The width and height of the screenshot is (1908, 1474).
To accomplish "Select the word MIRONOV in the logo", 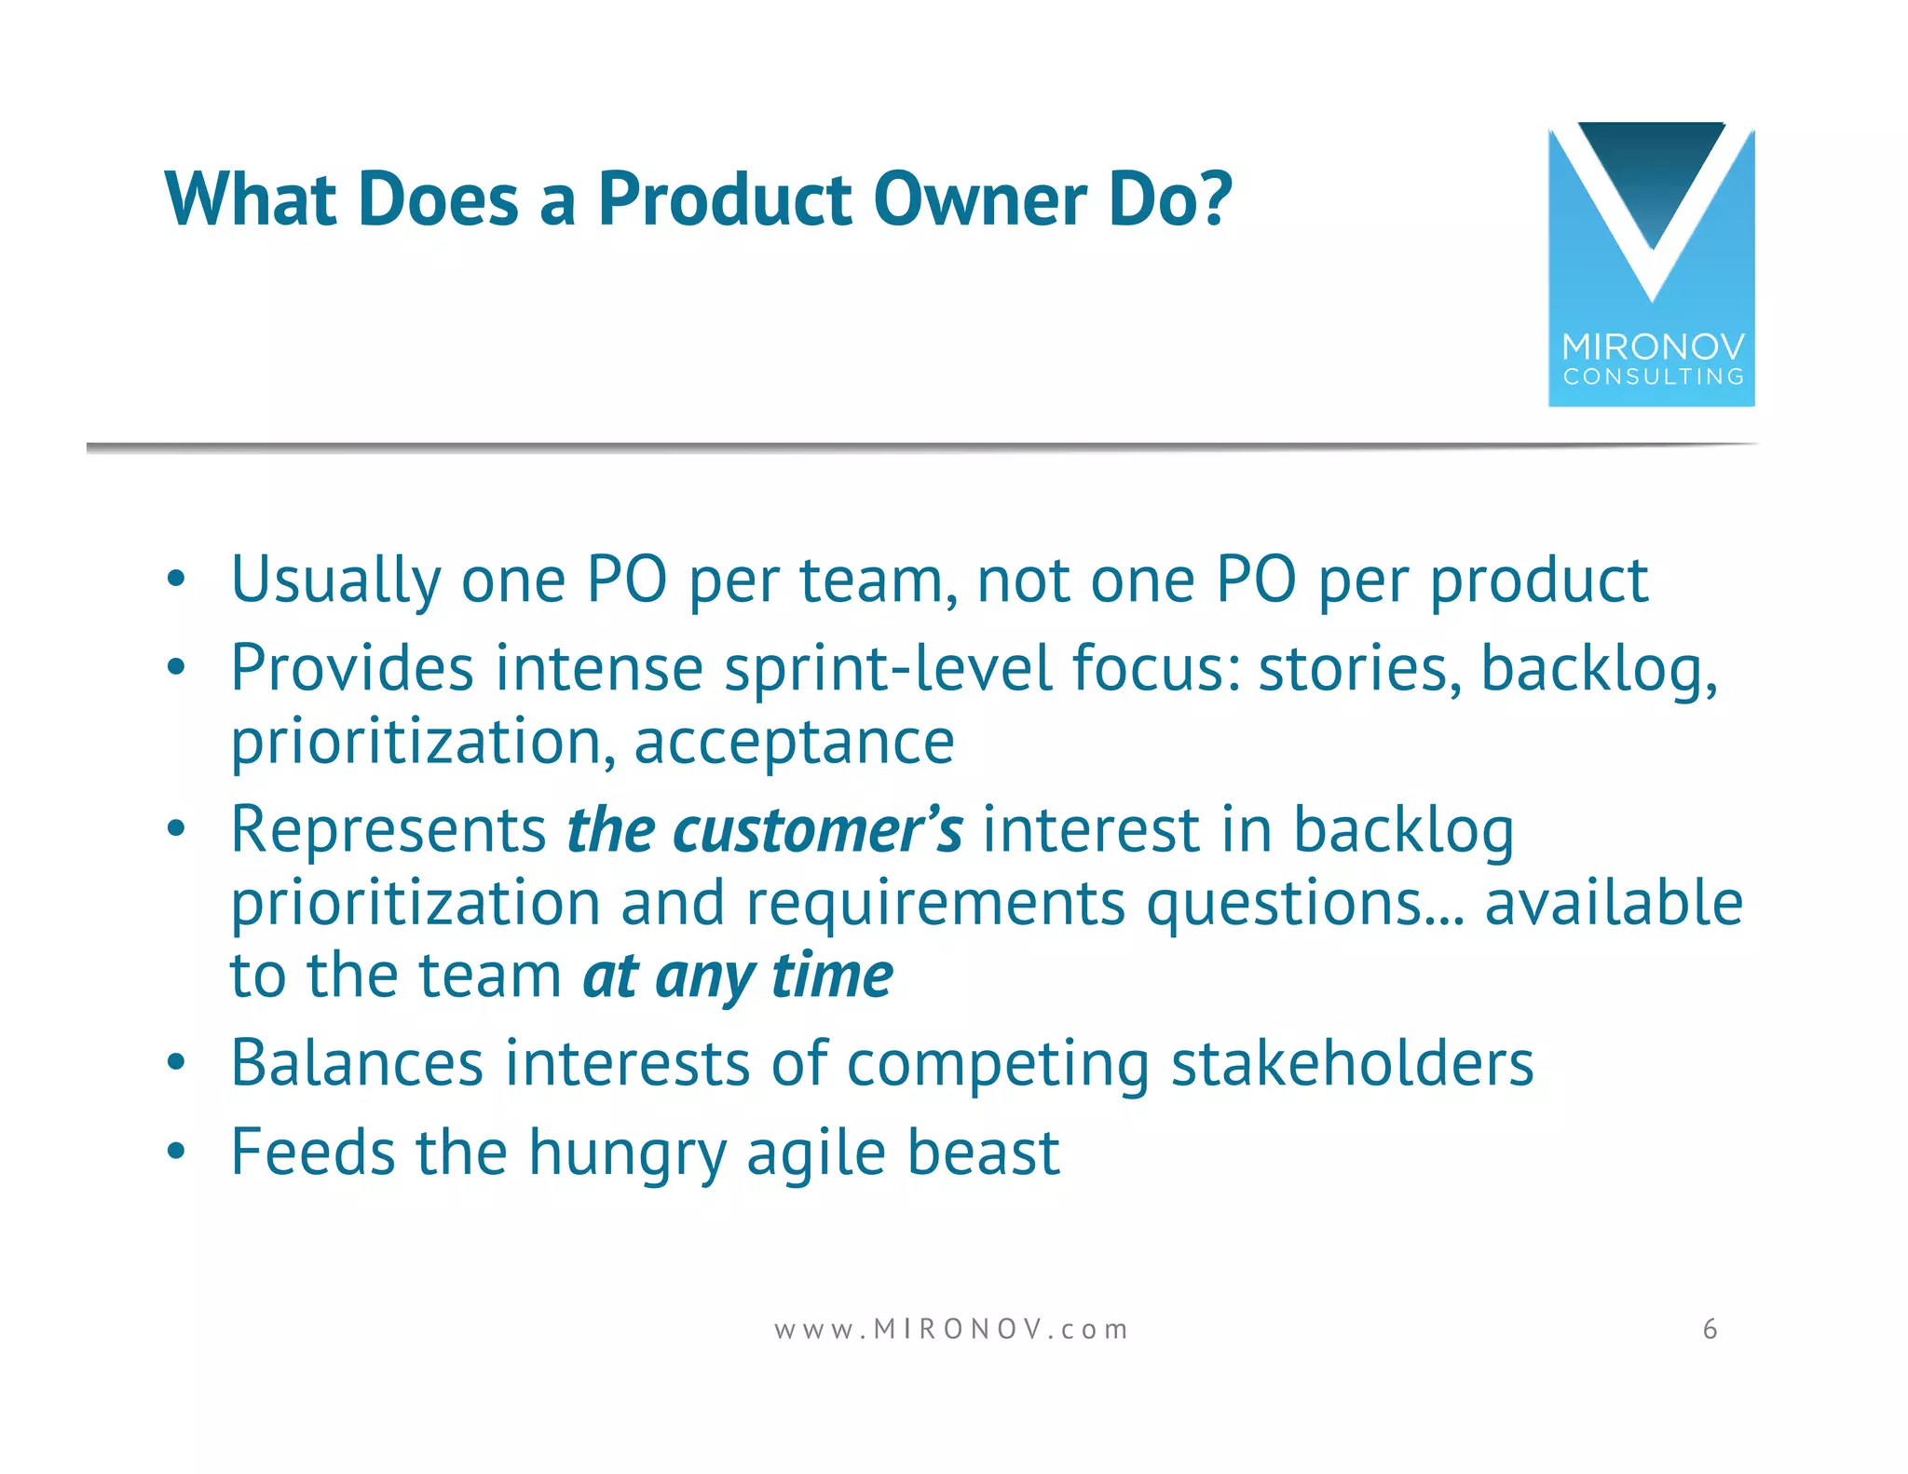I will pyautogui.click(x=1653, y=348).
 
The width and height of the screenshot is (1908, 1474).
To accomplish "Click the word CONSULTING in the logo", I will pyautogui.click(x=1653, y=377).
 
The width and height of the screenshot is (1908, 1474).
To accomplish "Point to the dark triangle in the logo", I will pyautogui.click(x=1651, y=172).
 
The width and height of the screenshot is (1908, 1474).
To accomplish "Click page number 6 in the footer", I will pyautogui.click(x=1710, y=1329).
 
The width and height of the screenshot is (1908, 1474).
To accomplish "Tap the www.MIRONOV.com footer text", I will pyautogui.click(x=951, y=1329).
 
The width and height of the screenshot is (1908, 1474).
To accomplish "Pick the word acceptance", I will pyautogui.click(x=794, y=743).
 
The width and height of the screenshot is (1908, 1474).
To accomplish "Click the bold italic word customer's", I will pyautogui.click(x=817, y=829).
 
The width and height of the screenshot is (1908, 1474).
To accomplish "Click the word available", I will pyautogui.click(x=1613, y=902).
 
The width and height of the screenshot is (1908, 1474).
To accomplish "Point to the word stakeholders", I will pyautogui.click(x=1352, y=1063).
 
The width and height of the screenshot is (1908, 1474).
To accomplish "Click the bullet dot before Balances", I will pyautogui.click(x=176, y=1063).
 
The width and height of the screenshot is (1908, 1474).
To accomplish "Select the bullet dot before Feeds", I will pyautogui.click(x=176, y=1152).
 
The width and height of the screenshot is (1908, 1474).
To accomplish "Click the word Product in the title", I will pyautogui.click(x=724, y=199).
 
